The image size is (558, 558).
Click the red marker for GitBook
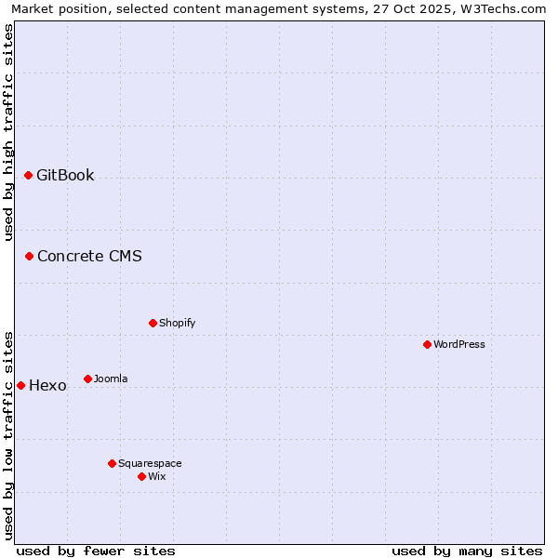click(28, 175)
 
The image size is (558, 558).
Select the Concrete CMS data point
click(29, 256)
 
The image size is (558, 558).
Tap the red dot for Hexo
click(20, 385)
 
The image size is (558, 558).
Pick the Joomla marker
click(87, 379)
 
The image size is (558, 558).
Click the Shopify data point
click(153, 323)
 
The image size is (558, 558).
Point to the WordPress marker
click(427, 344)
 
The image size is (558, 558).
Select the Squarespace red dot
click(112, 463)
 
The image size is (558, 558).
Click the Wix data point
click(141, 476)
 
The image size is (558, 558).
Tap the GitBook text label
click(65, 175)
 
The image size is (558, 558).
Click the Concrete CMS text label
click(89, 256)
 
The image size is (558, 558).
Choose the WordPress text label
click(459, 344)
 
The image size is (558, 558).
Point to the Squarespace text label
click(150, 463)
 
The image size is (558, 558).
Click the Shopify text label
click(177, 323)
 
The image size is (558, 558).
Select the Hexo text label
click(47, 385)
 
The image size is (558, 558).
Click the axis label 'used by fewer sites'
click(96, 551)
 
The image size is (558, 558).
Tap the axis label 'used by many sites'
click(467, 551)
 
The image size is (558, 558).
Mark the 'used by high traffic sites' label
click(8, 132)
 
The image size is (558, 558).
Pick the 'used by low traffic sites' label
click(8, 434)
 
